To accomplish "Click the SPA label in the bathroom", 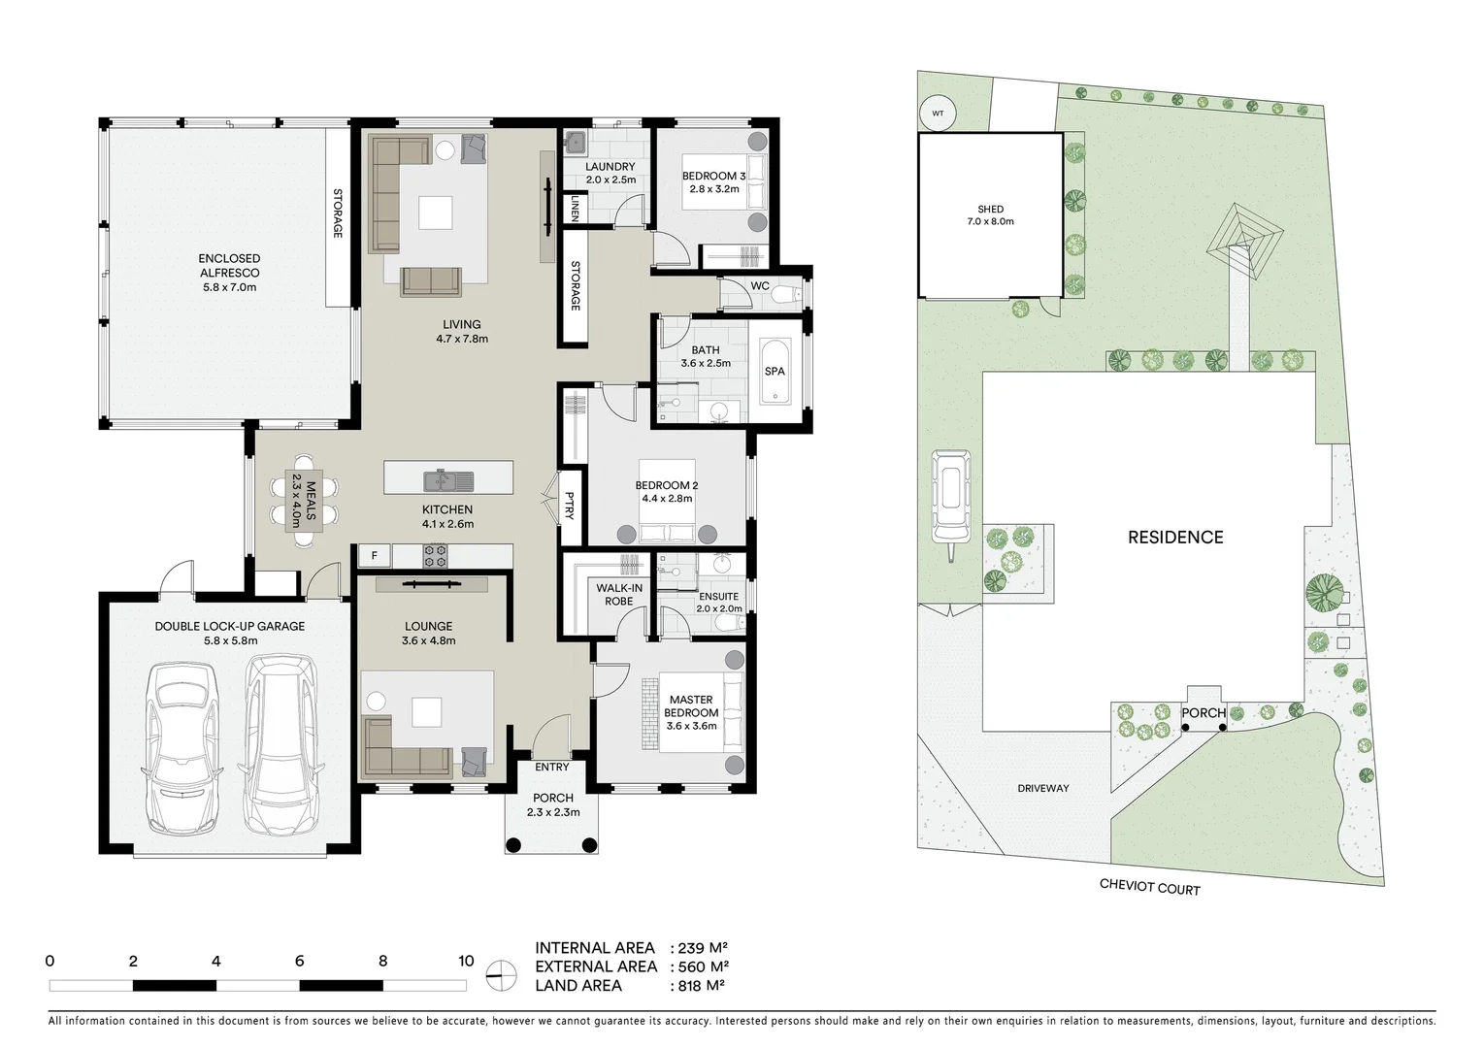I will pyautogui.click(x=774, y=372).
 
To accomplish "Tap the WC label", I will pyautogui.click(x=760, y=286).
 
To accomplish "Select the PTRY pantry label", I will pyautogui.click(x=570, y=505).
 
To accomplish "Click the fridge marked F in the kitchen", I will pyautogui.click(x=374, y=556).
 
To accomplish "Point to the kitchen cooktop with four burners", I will pyautogui.click(x=435, y=556).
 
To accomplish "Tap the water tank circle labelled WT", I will pyautogui.click(x=938, y=113).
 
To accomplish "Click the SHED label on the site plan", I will pyautogui.click(x=990, y=210).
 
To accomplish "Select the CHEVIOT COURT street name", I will pyautogui.click(x=1149, y=887).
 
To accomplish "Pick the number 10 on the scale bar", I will pyautogui.click(x=466, y=962).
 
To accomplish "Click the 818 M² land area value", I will pyautogui.click(x=698, y=986).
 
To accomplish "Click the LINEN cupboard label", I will pyautogui.click(x=576, y=209).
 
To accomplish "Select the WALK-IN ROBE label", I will pyautogui.click(x=618, y=595).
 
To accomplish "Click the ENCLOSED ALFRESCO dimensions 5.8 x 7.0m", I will pyautogui.click(x=229, y=288).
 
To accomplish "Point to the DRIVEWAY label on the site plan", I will pyautogui.click(x=1043, y=788).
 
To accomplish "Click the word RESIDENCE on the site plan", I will pyautogui.click(x=1174, y=538).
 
